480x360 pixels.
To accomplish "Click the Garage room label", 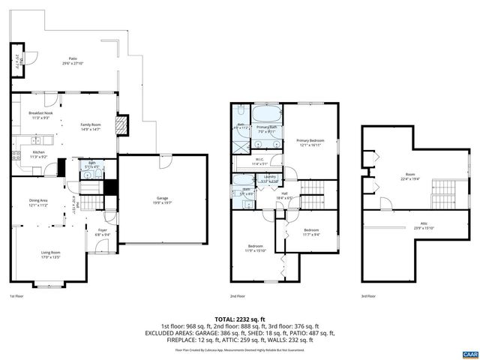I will pyautogui.click(x=162, y=200).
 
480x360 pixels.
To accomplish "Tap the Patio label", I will pyautogui.click(x=73, y=61).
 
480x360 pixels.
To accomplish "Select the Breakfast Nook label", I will pyautogui.click(x=40, y=115).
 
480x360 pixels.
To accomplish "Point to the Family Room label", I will pyautogui.click(x=91, y=127).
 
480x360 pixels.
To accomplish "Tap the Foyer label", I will pyautogui.click(x=103, y=232).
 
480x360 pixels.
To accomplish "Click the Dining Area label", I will pyautogui.click(x=38, y=202).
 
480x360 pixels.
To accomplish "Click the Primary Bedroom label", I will pyautogui.click(x=310, y=142).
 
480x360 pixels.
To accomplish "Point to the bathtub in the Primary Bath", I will pyautogui.click(x=266, y=115).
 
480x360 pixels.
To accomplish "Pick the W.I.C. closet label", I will pyautogui.click(x=259, y=160).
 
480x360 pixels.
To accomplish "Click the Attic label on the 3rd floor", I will pyautogui.click(x=407, y=226).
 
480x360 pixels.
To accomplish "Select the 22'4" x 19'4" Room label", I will pyautogui.click(x=409, y=177).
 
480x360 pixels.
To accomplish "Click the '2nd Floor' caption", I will pyautogui.click(x=238, y=296).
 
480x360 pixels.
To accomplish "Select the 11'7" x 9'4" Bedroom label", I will pyautogui.click(x=310, y=232).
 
